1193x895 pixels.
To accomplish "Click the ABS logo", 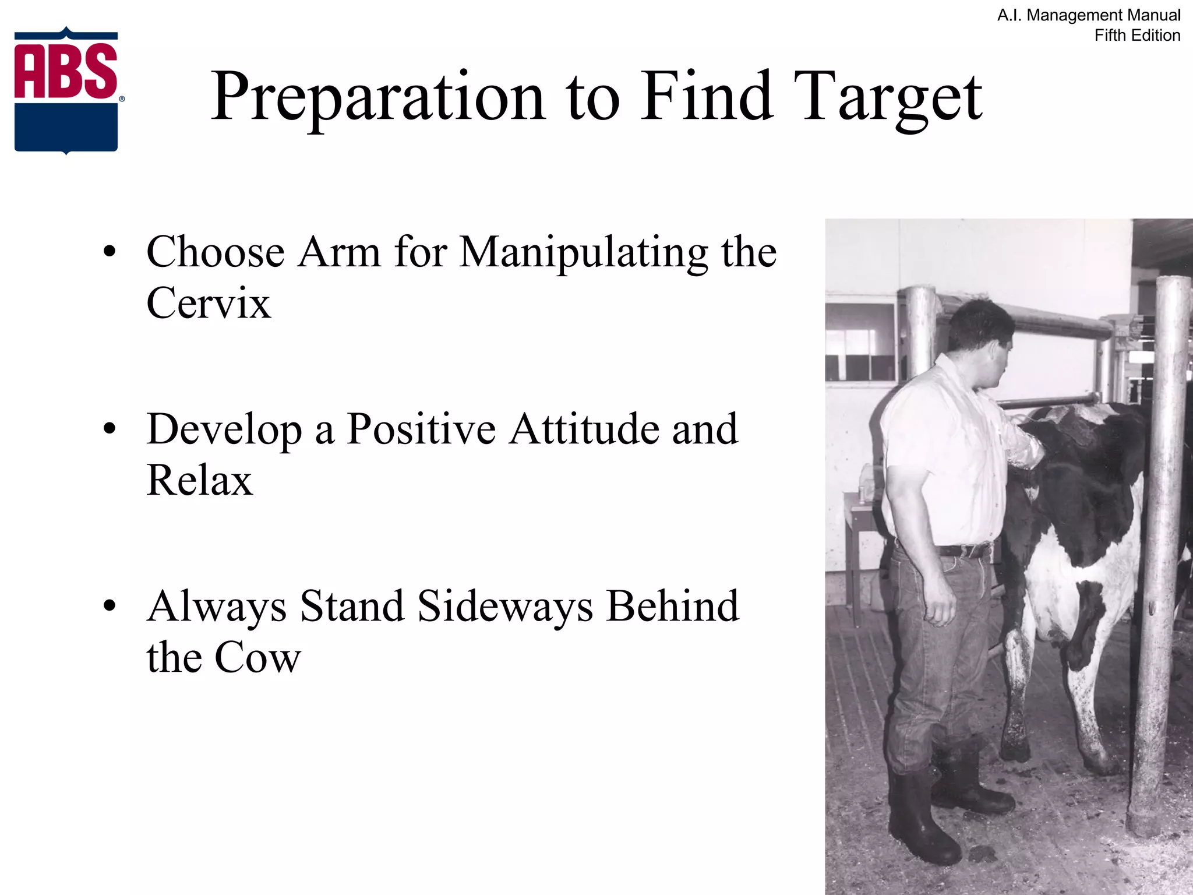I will coord(66,90).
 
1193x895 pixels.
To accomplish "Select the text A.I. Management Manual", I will coord(1088,15).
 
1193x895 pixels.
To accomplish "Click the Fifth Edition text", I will coord(1136,36).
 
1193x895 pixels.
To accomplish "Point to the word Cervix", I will coord(209,303).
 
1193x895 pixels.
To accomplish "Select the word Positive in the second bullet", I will coord(421,429).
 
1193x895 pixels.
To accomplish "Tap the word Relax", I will coord(199,480).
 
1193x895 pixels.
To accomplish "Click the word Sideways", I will coord(505,606).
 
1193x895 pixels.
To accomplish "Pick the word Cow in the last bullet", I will coord(257,657).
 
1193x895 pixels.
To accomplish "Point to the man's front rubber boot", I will coord(920,822).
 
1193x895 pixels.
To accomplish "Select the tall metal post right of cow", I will coord(1156,554).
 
